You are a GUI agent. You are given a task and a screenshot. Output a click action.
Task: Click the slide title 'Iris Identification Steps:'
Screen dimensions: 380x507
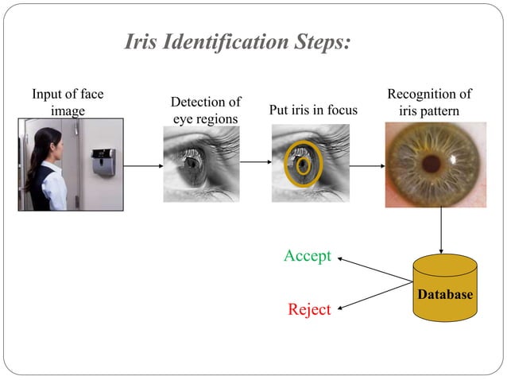point(237,42)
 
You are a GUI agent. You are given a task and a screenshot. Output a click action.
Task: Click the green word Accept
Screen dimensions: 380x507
point(307,256)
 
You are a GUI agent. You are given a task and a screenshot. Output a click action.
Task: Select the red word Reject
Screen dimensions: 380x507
point(309,309)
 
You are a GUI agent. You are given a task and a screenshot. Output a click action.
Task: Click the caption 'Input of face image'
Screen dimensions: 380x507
point(68,103)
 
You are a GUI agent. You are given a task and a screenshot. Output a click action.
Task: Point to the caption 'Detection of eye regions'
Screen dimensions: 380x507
point(206,111)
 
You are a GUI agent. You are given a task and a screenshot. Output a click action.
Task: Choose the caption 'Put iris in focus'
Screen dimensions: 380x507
point(313,110)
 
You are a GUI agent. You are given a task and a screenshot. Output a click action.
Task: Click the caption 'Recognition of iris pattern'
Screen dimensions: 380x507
point(429,103)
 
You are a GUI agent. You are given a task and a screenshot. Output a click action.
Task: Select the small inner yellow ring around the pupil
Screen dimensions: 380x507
point(303,165)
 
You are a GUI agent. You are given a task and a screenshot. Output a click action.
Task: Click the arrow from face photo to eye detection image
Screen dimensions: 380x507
point(143,166)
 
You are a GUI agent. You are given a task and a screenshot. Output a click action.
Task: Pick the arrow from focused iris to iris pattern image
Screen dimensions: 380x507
point(366,166)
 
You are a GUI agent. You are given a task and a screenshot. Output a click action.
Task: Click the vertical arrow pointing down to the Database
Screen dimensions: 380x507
point(441,231)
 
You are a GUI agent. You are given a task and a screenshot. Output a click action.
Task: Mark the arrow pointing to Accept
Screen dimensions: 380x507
point(373,269)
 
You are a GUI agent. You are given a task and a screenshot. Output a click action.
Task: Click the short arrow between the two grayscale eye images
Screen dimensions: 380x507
point(255,162)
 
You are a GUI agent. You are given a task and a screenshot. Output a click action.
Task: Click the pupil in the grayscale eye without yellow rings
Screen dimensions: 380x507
point(192,162)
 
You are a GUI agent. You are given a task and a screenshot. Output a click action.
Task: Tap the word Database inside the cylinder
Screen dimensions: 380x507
point(445,295)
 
